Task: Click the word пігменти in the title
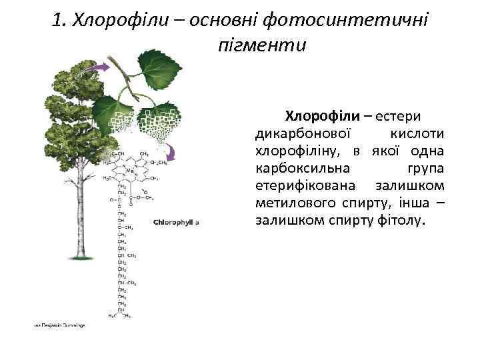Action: tap(262, 46)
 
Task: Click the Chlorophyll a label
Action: tap(177, 222)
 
